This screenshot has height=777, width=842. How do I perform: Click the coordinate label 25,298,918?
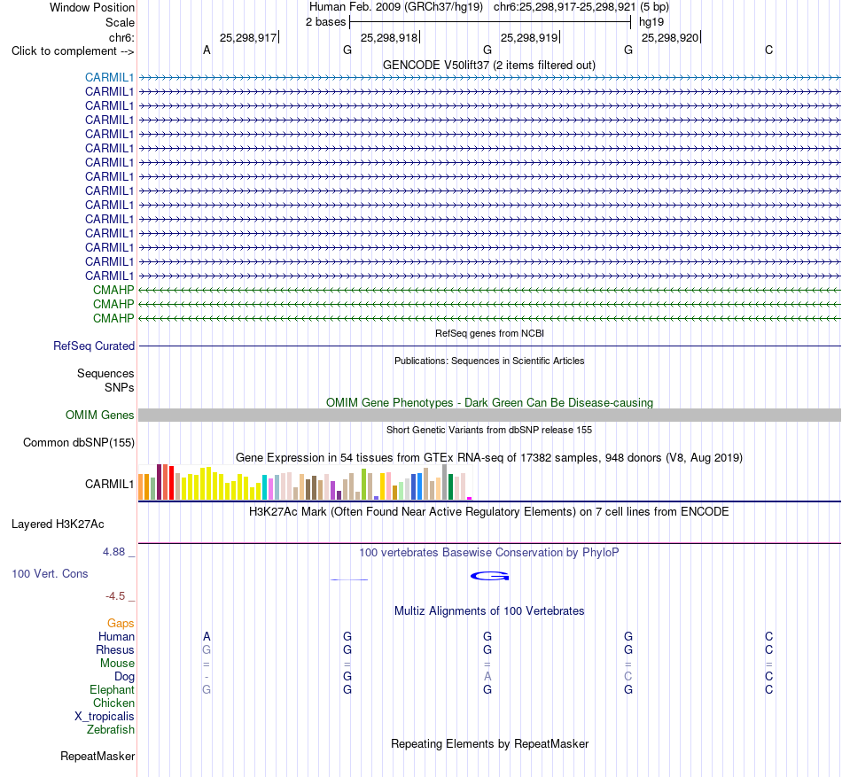click(389, 37)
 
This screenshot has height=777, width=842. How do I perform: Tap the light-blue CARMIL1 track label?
click(109, 77)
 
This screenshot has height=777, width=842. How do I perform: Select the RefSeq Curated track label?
click(94, 346)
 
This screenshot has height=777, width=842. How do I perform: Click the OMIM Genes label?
click(100, 415)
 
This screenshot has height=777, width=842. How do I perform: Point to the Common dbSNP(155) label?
click(79, 443)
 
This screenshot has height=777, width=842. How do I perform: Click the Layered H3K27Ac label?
click(58, 524)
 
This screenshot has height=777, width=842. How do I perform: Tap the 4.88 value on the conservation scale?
click(113, 552)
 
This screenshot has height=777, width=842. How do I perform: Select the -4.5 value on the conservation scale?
click(115, 595)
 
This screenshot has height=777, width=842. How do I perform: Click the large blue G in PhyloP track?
click(490, 576)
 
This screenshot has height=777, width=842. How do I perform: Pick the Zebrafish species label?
click(111, 730)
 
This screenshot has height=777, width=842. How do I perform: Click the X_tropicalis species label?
click(105, 717)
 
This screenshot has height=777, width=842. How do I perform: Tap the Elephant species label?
click(112, 689)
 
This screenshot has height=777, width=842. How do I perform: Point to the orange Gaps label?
click(121, 623)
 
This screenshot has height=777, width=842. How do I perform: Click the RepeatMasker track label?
click(97, 756)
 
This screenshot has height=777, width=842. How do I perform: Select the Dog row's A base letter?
click(487, 676)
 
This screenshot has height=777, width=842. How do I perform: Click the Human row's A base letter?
click(207, 636)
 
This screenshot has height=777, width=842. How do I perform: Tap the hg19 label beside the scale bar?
click(651, 22)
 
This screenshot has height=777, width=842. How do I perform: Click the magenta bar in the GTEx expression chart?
click(470, 499)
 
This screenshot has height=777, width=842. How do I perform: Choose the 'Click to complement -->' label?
click(73, 51)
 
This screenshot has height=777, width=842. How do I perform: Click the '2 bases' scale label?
click(326, 22)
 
